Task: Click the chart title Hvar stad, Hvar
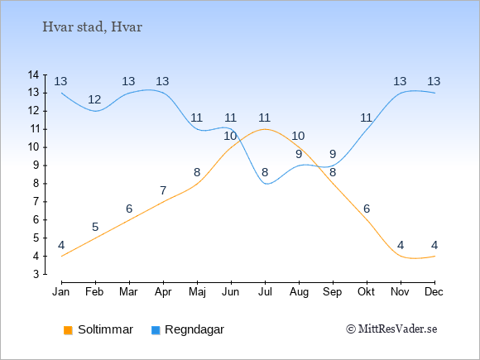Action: pos(92,27)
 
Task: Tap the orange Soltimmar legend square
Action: pos(68,330)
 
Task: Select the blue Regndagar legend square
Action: pos(156,330)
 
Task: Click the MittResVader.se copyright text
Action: pos(391,329)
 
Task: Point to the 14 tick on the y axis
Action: pos(33,74)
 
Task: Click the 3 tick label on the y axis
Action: pos(36,274)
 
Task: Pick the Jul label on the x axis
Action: pos(265,292)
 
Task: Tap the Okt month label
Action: pos(366,292)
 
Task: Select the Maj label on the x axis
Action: pos(197,292)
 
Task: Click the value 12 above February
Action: pos(94,99)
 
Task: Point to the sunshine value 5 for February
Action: pos(95,227)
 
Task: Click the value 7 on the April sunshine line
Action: pos(163,190)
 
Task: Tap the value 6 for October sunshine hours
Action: pos(367,209)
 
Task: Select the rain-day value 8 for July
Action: pos(265,172)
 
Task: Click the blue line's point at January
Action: pos(62,93)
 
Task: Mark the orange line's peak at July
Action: pos(265,129)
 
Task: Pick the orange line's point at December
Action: pos(434,256)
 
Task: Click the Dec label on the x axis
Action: pos(434,292)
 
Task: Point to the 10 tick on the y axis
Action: pos(33,147)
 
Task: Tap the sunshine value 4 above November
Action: pos(401,245)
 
